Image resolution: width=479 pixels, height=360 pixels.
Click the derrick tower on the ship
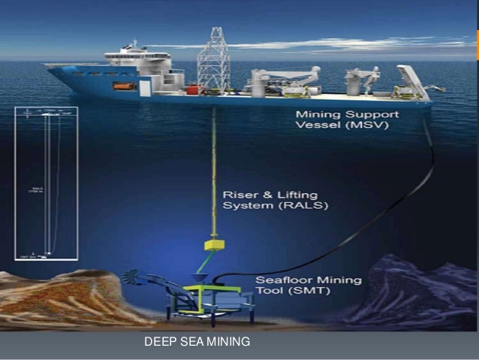[212, 56]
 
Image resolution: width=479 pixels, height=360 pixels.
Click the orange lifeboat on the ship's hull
[124, 86]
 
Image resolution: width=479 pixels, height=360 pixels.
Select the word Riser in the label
[239, 194]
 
